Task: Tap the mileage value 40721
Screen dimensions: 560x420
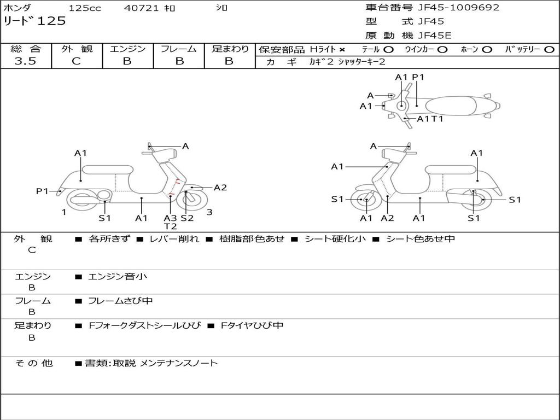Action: [x=141, y=8]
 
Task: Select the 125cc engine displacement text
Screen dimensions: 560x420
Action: [x=85, y=8]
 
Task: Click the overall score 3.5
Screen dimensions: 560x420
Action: [x=25, y=61]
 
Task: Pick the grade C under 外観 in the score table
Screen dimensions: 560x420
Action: [x=76, y=61]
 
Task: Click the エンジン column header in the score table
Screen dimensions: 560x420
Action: [x=127, y=49]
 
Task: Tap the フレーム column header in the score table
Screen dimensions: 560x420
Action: [x=179, y=49]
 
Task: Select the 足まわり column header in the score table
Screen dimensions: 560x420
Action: [x=230, y=49]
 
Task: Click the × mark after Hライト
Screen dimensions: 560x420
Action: [x=342, y=50]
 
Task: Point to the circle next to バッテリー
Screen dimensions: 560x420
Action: [x=549, y=50]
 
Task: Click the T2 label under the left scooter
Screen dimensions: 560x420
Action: [x=170, y=226]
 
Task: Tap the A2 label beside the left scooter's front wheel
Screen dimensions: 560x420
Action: [x=220, y=188]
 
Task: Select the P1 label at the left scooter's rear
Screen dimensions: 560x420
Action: [x=42, y=191]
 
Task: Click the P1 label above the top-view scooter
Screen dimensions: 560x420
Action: [x=418, y=77]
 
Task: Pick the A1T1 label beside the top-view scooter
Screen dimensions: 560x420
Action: [x=430, y=119]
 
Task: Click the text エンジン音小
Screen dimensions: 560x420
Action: [x=118, y=277]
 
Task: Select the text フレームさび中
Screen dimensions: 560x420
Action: [x=120, y=301]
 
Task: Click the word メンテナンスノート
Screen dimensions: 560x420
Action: [x=179, y=363]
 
